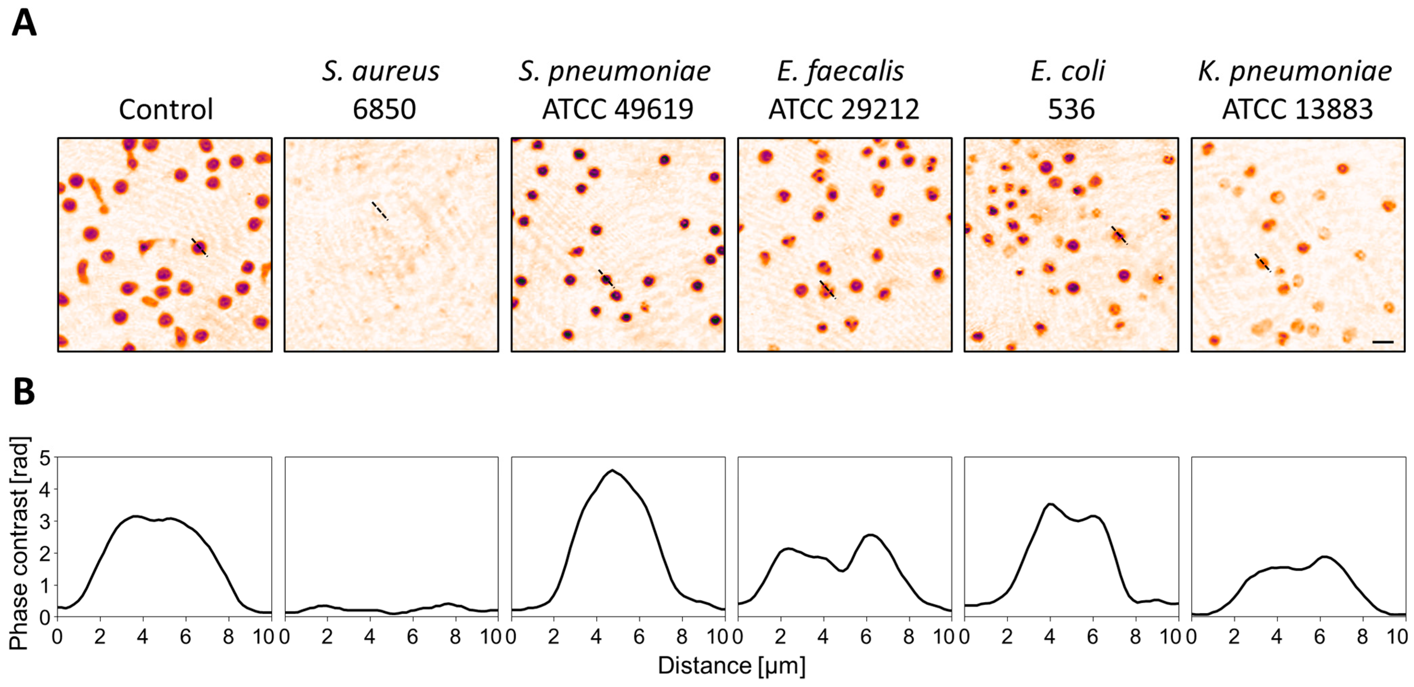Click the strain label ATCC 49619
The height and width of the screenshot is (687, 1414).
(618, 109)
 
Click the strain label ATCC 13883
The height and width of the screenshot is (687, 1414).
(1297, 109)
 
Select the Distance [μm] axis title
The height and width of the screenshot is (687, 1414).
(731, 666)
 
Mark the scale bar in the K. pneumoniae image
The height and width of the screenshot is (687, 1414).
(1383, 342)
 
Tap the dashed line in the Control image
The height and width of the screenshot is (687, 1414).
(199, 247)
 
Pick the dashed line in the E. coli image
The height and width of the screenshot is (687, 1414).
(1119, 235)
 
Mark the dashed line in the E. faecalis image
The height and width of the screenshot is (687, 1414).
(827, 289)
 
